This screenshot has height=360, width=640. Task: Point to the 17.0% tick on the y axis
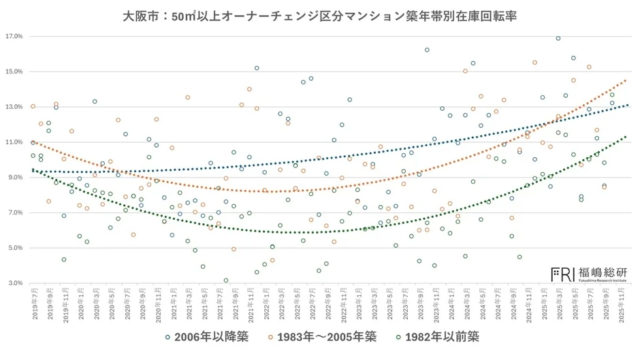14,37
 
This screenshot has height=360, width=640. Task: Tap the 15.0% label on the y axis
14,72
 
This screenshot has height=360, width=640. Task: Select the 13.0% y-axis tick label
14,107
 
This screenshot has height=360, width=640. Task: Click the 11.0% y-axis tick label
14,142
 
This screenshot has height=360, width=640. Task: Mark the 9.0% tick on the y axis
14,177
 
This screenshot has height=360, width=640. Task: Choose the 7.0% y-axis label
14,213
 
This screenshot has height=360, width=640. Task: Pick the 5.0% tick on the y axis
14,248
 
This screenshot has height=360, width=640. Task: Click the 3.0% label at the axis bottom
14,283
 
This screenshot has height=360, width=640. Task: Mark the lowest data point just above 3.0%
226,280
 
